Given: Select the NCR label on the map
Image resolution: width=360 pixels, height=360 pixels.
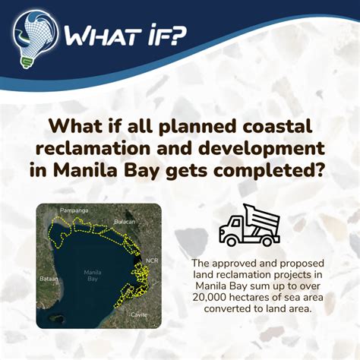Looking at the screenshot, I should (x=150, y=260).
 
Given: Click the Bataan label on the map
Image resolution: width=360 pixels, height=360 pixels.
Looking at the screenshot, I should (x=47, y=279).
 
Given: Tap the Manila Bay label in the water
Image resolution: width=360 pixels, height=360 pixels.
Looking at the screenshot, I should (x=93, y=274).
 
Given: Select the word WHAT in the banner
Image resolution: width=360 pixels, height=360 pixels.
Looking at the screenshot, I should (x=93, y=35).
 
